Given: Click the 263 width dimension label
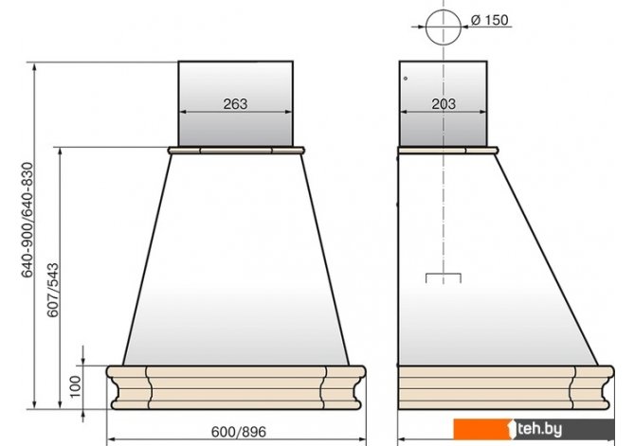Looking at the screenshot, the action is tap(235, 103).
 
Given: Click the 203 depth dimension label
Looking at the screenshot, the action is tap(444, 103).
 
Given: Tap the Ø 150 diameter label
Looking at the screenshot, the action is tap(490, 20).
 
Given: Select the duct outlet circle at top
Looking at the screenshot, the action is tap(444, 27).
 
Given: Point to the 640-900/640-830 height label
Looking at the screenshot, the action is tap(27, 220).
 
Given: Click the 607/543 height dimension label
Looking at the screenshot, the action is tap(53, 290).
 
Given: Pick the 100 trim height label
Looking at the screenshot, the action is tap(75, 386).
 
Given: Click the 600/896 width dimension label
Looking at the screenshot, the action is tap(239, 432).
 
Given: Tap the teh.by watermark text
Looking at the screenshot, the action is tap(539, 429).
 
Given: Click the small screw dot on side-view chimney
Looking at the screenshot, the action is tap(406, 79).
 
